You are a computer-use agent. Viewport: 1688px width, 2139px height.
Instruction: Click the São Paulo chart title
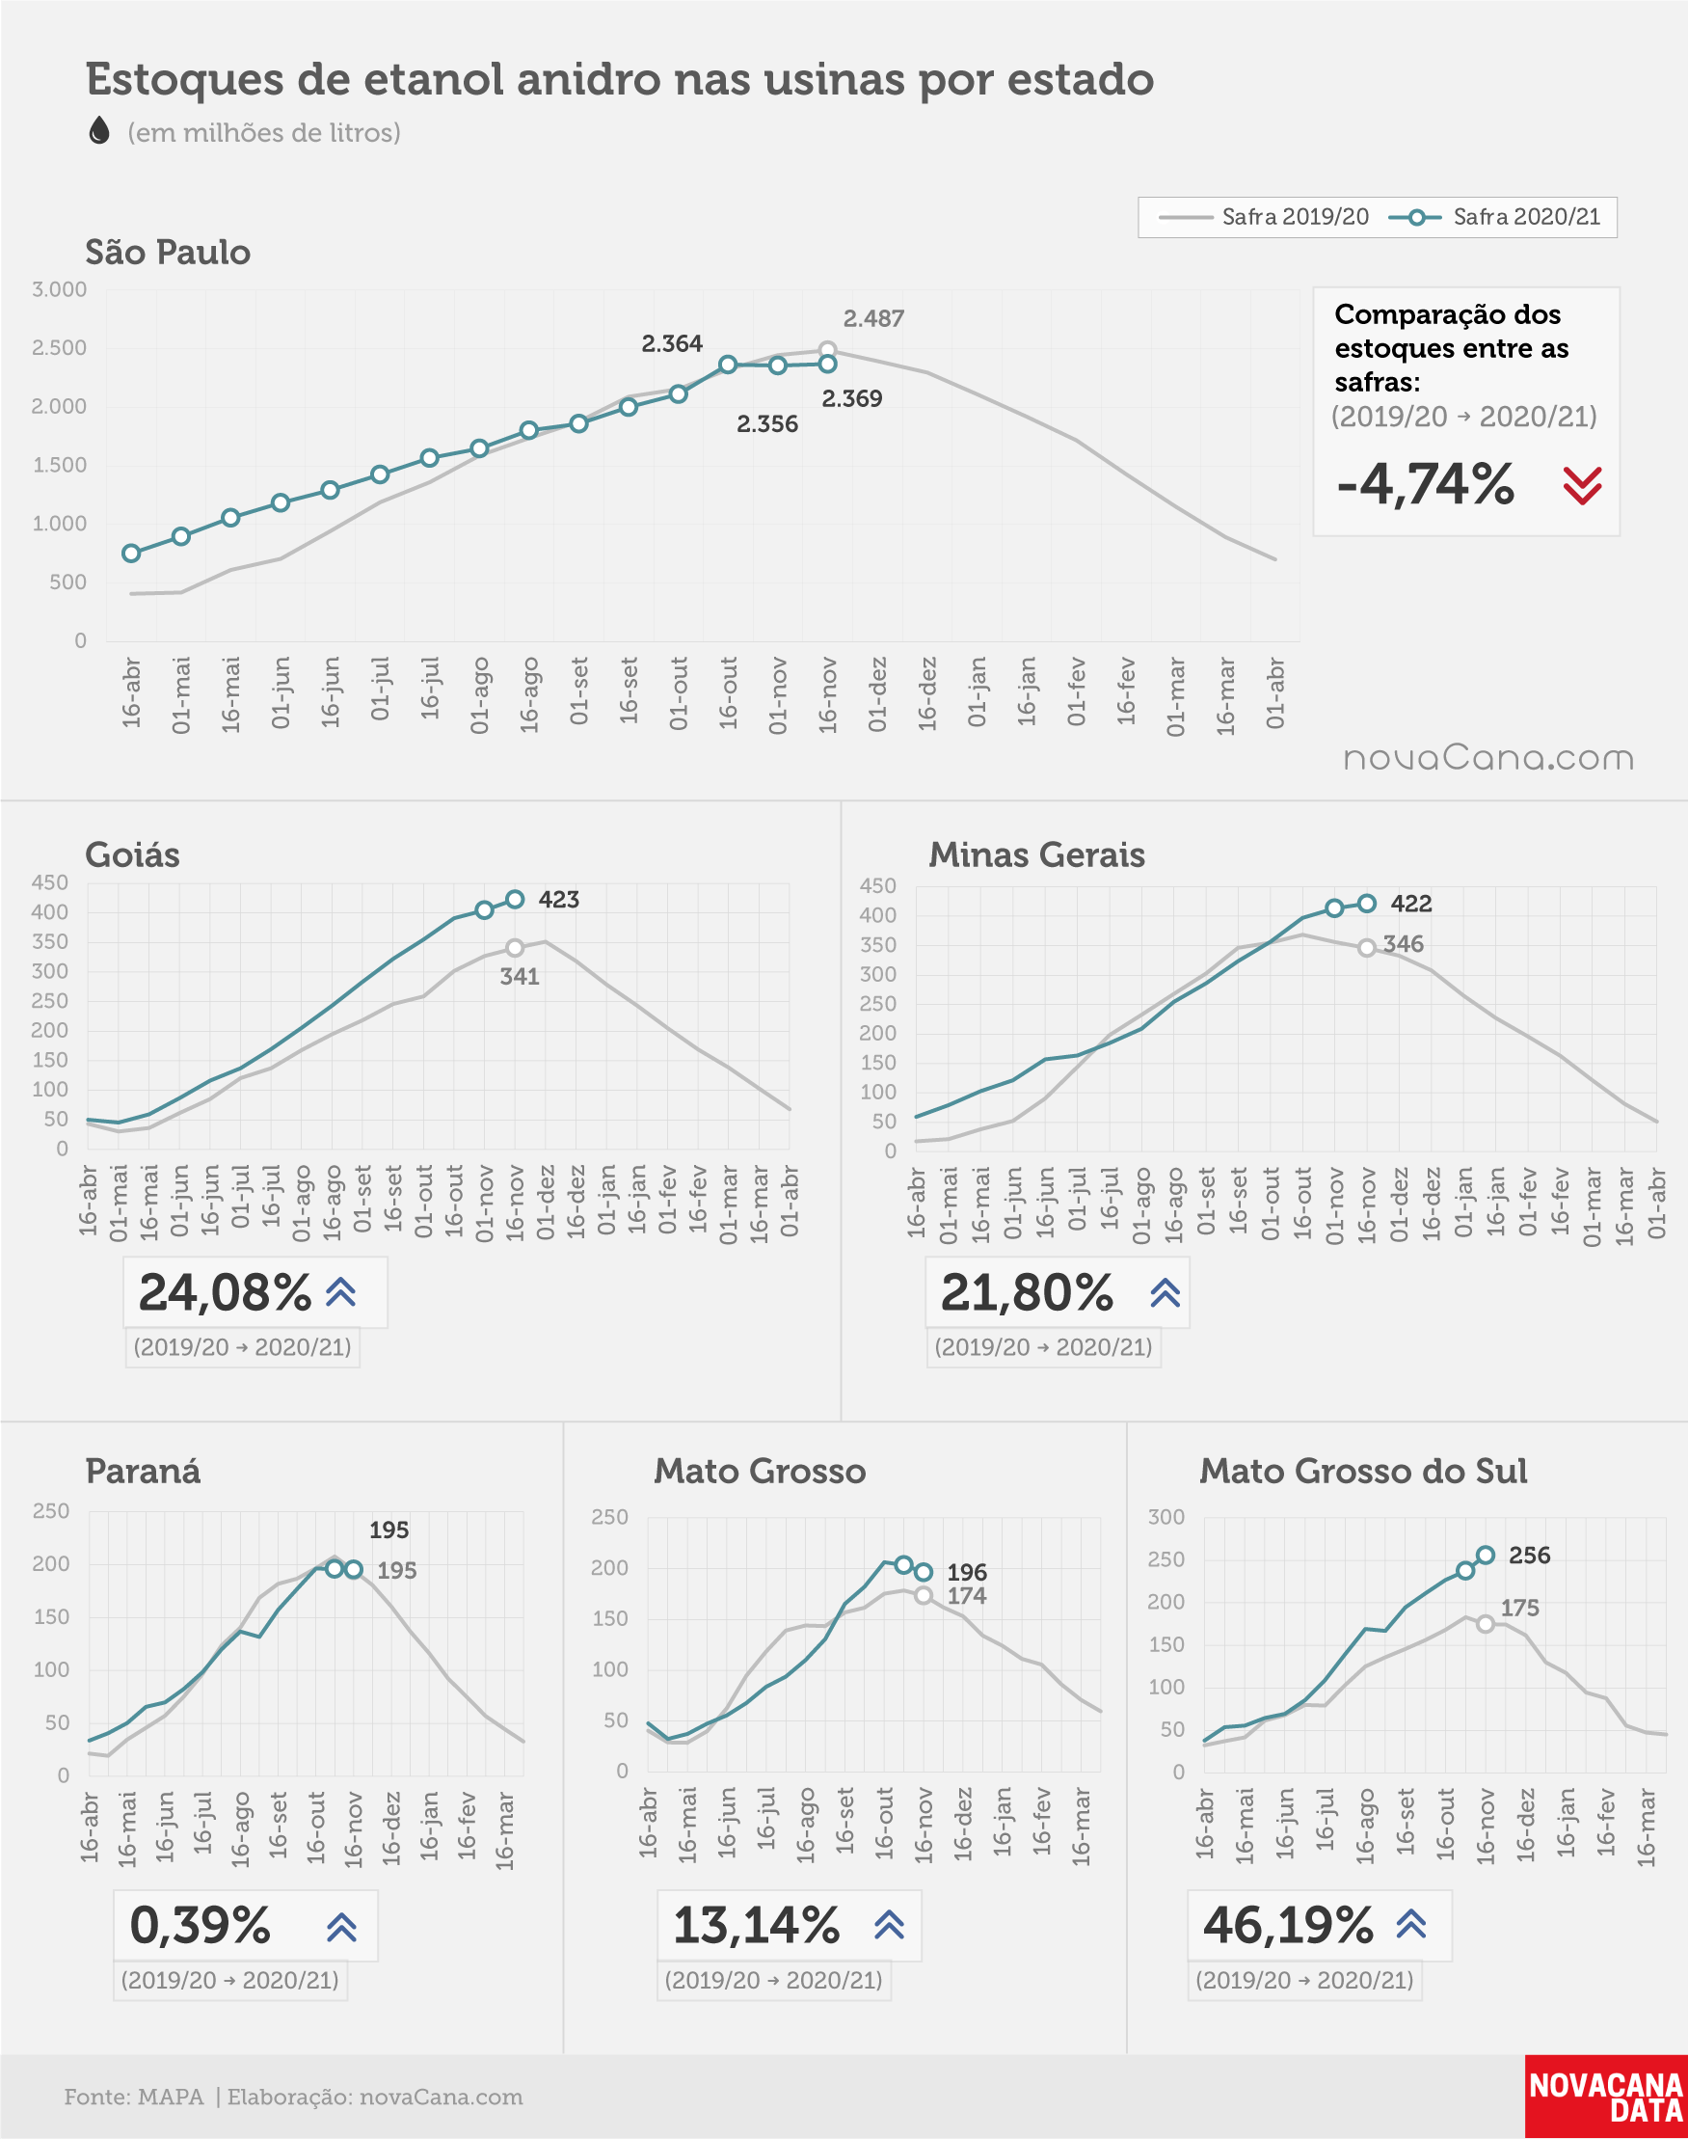pyautogui.click(x=168, y=252)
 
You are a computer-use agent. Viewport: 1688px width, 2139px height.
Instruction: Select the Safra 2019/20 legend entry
pyautogui.click(x=1264, y=216)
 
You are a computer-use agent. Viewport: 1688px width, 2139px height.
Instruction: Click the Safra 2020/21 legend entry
pyautogui.click(x=1494, y=216)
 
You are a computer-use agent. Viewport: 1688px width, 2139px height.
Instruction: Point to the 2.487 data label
pyautogui.click(x=873, y=318)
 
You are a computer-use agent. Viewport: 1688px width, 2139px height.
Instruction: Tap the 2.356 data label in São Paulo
pyautogui.click(x=767, y=424)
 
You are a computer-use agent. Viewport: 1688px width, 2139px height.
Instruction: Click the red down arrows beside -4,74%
pyautogui.click(x=1582, y=485)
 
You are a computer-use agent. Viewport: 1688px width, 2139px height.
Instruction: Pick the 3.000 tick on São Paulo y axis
pyautogui.click(x=60, y=289)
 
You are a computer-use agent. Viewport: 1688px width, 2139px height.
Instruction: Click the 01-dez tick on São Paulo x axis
pyautogui.click(x=877, y=694)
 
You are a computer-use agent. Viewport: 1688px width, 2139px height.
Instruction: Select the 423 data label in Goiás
pyautogui.click(x=558, y=900)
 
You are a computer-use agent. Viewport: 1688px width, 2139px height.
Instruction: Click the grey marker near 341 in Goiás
pyautogui.click(x=515, y=948)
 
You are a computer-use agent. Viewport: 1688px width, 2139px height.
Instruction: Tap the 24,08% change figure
pyautogui.click(x=226, y=1292)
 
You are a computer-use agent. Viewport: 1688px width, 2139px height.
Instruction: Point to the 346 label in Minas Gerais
pyautogui.click(x=1404, y=944)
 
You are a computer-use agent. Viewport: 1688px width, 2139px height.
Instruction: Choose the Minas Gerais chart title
pyautogui.click(x=1036, y=854)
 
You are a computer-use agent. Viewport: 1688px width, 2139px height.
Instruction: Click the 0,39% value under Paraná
pyautogui.click(x=201, y=1925)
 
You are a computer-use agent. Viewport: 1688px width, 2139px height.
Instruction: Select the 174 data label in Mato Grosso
pyautogui.click(x=967, y=1595)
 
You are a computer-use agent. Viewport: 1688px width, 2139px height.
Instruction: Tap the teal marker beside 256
pyautogui.click(x=1486, y=1555)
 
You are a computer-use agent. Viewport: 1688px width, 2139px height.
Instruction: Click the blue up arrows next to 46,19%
pyautogui.click(x=1411, y=1924)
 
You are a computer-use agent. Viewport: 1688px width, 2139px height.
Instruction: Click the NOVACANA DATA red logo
pyautogui.click(x=1606, y=2097)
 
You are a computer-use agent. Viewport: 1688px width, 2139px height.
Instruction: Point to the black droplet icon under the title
pyautogui.click(x=99, y=130)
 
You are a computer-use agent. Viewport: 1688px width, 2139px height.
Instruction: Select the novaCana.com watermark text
pyautogui.click(x=1488, y=758)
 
